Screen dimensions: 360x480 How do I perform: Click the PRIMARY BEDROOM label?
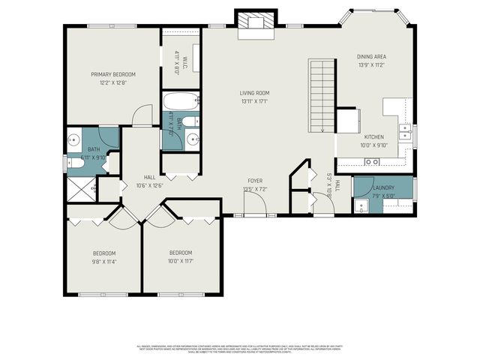click(x=113, y=74)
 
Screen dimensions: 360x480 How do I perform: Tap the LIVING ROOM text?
click(x=255, y=93)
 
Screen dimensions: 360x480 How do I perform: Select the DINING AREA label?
click(x=372, y=56)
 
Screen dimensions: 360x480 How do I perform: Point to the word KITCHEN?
click(x=374, y=137)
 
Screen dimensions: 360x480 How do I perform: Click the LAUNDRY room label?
click(x=383, y=188)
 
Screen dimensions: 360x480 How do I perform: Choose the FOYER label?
click(x=255, y=181)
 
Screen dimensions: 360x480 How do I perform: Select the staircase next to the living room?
click(x=321, y=96)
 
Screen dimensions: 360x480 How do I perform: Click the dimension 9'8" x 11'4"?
click(x=104, y=262)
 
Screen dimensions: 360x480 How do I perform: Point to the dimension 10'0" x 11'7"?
click(x=181, y=261)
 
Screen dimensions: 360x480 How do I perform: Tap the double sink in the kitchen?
click(x=404, y=132)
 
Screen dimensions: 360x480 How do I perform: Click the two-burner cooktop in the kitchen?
click(x=370, y=162)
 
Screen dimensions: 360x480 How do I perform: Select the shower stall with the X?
click(x=81, y=188)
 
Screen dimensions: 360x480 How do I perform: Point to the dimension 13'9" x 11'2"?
click(x=372, y=65)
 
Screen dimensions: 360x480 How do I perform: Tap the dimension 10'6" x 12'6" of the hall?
click(x=150, y=185)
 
